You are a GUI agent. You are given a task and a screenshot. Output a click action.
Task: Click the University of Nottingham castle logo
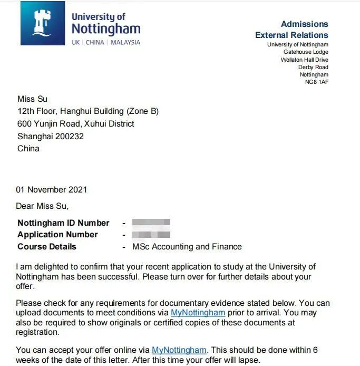tap(43, 23)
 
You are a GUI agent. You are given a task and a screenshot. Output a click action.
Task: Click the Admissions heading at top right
tap(304, 24)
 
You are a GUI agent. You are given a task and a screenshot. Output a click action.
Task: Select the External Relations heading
tap(291, 35)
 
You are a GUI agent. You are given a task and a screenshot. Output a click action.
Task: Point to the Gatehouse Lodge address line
tap(306, 52)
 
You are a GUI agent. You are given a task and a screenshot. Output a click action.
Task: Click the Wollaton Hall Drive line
tap(304, 60)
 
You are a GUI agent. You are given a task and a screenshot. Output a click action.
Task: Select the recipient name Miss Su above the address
tap(32, 99)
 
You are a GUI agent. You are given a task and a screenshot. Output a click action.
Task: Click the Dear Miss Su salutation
tap(42, 206)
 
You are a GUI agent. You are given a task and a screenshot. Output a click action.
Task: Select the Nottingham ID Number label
tap(63, 223)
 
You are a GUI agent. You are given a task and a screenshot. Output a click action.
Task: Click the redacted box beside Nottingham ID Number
tap(151, 223)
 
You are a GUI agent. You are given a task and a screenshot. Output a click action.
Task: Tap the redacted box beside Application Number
tap(151, 234)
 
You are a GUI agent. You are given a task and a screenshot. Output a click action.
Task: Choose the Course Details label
tap(47, 246)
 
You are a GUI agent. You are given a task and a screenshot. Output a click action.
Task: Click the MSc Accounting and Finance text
tap(187, 246)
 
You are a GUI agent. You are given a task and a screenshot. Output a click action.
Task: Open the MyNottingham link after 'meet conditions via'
tap(198, 313)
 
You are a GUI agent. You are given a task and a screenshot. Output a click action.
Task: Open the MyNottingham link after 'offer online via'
tap(179, 350)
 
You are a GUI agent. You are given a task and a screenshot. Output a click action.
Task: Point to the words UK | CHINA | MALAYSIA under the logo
tap(106, 42)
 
